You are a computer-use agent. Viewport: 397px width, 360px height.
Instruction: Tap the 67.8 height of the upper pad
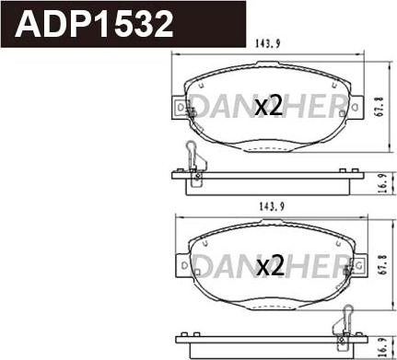click(x=379, y=105)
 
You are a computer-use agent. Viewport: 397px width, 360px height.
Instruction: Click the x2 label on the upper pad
click(x=267, y=106)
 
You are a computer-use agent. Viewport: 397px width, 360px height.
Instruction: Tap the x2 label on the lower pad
click(x=267, y=267)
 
